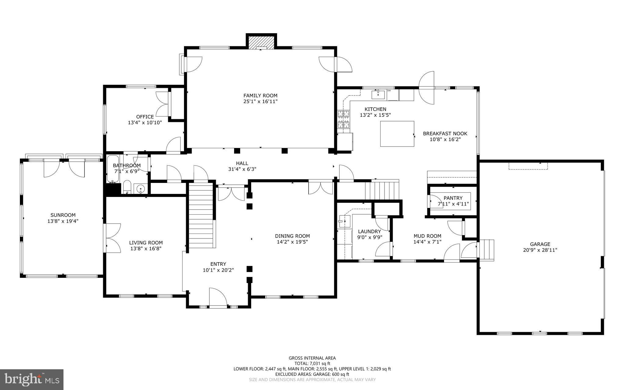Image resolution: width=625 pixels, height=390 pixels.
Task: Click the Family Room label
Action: click(x=260, y=95)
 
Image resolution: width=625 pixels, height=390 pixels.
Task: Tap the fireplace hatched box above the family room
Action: click(x=261, y=43)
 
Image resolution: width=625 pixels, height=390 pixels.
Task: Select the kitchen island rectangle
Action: click(x=397, y=134)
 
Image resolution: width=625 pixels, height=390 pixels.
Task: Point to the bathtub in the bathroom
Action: click(x=113, y=169)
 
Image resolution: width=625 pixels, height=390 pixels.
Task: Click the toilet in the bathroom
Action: click(x=127, y=187)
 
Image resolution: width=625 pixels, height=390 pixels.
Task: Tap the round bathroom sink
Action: click(x=140, y=189)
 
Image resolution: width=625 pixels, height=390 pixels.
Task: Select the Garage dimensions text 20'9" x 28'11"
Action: click(x=540, y=250)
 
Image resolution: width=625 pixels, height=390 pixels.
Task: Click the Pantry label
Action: click(x=453, y=198)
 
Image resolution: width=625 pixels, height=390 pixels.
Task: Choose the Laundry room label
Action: click(x=369, y=231)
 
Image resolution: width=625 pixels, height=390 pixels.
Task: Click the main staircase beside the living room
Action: click(x=201, y=215)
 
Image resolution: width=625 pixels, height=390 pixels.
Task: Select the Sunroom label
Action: click(x=63, y=215)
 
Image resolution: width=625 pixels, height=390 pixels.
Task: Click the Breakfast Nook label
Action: click(x=445, y=134)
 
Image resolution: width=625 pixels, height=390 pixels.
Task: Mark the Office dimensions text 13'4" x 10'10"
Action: click(x=145, y=123)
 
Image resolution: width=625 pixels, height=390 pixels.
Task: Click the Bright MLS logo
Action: click(x=32, y=379)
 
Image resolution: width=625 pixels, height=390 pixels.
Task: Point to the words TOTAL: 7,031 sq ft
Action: click(x=312, y=363)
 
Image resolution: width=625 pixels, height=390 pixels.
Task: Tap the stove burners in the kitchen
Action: click(x=343, y=119)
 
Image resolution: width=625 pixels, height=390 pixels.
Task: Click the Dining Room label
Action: click(x=292, y=236)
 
